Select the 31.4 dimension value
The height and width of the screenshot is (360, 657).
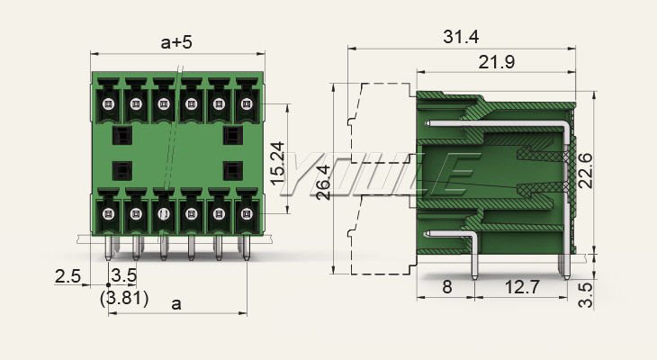pyautogui.click(x=460, y=37)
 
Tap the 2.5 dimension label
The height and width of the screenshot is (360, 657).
pyautogui.click(x=67, y=276)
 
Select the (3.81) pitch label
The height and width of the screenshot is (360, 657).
pyautogui.click(x=124, y=297)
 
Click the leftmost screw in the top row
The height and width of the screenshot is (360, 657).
pyautogui.click(x=107, y=103)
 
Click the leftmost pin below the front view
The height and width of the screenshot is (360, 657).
pyautogui.click(x=108, y=247)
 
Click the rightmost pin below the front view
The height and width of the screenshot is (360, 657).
pyautogui.click(x=246, y=247)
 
